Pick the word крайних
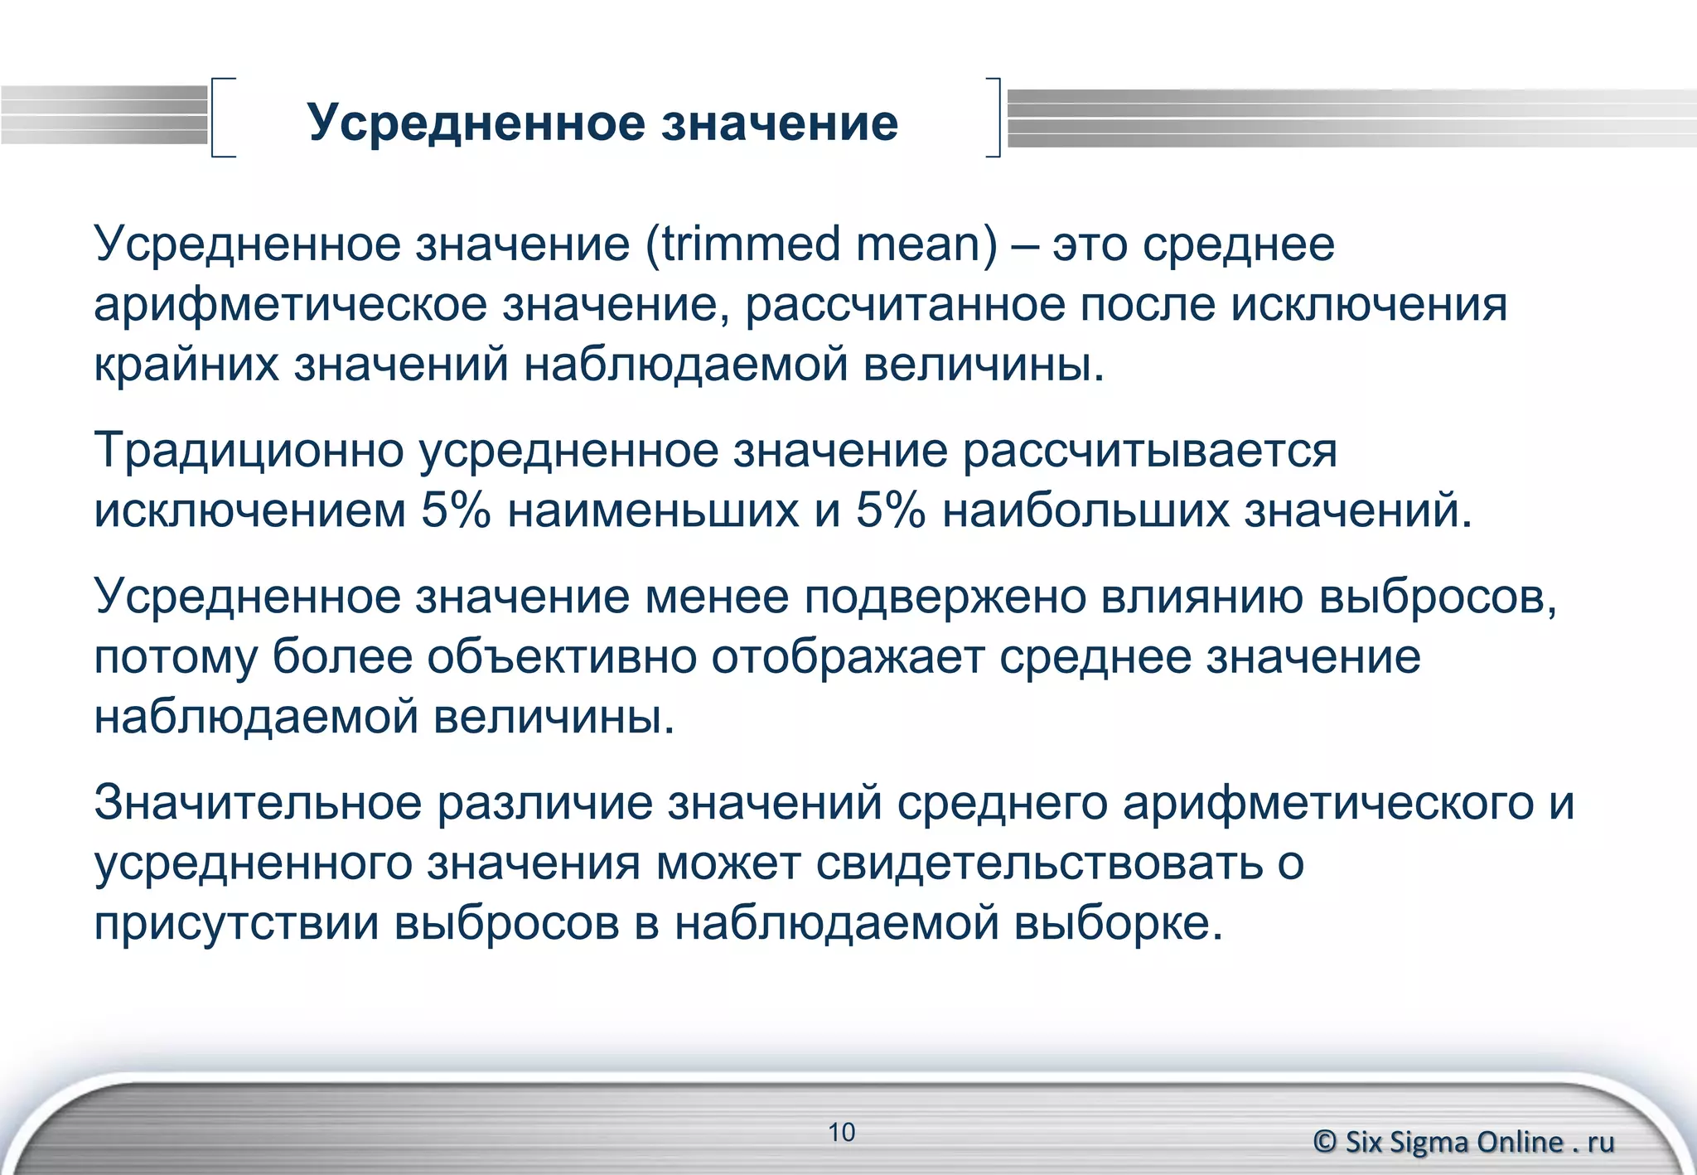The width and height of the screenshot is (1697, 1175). pos(186,365)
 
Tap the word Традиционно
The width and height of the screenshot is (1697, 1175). pos(249,452)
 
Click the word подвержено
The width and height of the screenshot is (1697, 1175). pos(945,597)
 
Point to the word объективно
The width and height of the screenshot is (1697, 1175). pos(562,657)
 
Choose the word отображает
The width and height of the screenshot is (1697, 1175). pos(848,657)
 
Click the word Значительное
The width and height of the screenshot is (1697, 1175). pos(258,803)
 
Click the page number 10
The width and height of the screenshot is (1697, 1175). pos(842,1132)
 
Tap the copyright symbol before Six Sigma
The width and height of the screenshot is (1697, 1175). pos(1325,1142)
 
